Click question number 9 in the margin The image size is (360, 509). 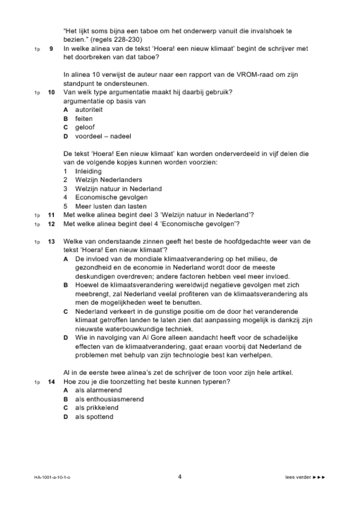[51, 49]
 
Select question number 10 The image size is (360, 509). [51, 92]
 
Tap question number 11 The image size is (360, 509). [51, 215]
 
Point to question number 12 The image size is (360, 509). [51, 224]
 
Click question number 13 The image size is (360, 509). [51, 241]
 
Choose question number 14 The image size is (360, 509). [51, 382]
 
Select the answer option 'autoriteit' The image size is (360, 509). [88, 110]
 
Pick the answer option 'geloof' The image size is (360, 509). [85, 127]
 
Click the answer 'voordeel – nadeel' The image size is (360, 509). [99, 136]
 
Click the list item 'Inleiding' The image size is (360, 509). [88, 171]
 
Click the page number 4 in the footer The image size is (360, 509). [180, 477]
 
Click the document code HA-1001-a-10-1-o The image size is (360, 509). [52, 477]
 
